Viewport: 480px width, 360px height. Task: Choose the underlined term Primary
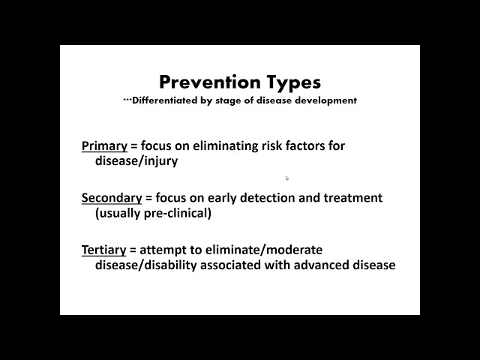104,145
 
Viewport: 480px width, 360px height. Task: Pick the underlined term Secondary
112,198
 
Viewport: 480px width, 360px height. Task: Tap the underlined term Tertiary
103,250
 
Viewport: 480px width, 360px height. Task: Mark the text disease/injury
136,160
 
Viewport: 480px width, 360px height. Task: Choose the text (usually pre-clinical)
153,213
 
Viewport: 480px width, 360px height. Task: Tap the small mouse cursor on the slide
287,178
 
